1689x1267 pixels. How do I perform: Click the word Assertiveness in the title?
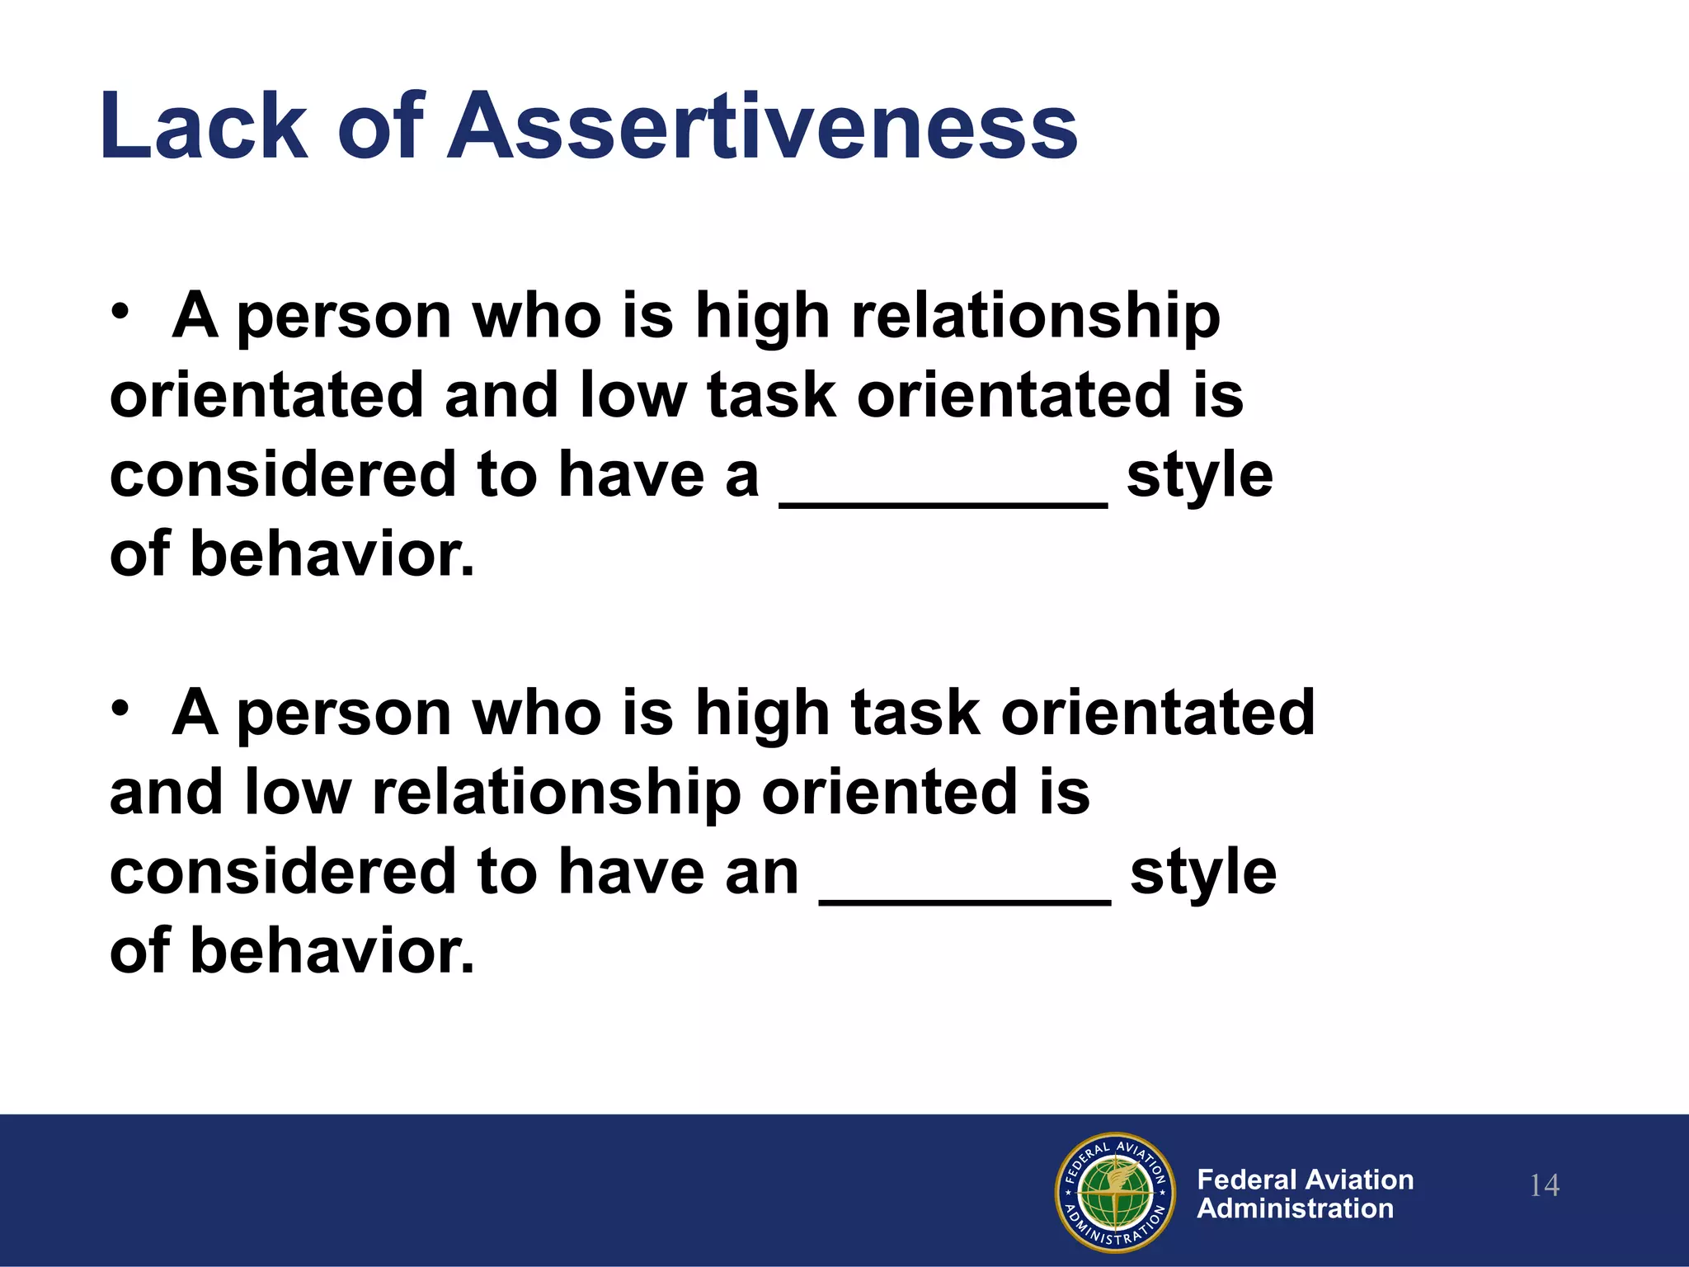(762, 127)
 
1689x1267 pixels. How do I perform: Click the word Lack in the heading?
(203, 127)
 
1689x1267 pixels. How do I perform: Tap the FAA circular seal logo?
(1115, 1192)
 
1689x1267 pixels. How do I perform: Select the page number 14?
(1544, 1186)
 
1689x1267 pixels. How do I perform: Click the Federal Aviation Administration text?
(1305, 1194)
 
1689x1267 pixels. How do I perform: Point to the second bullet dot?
(121, 710)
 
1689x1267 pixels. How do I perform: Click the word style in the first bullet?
(1200, 477)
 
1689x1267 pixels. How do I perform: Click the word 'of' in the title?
(380, 127)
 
